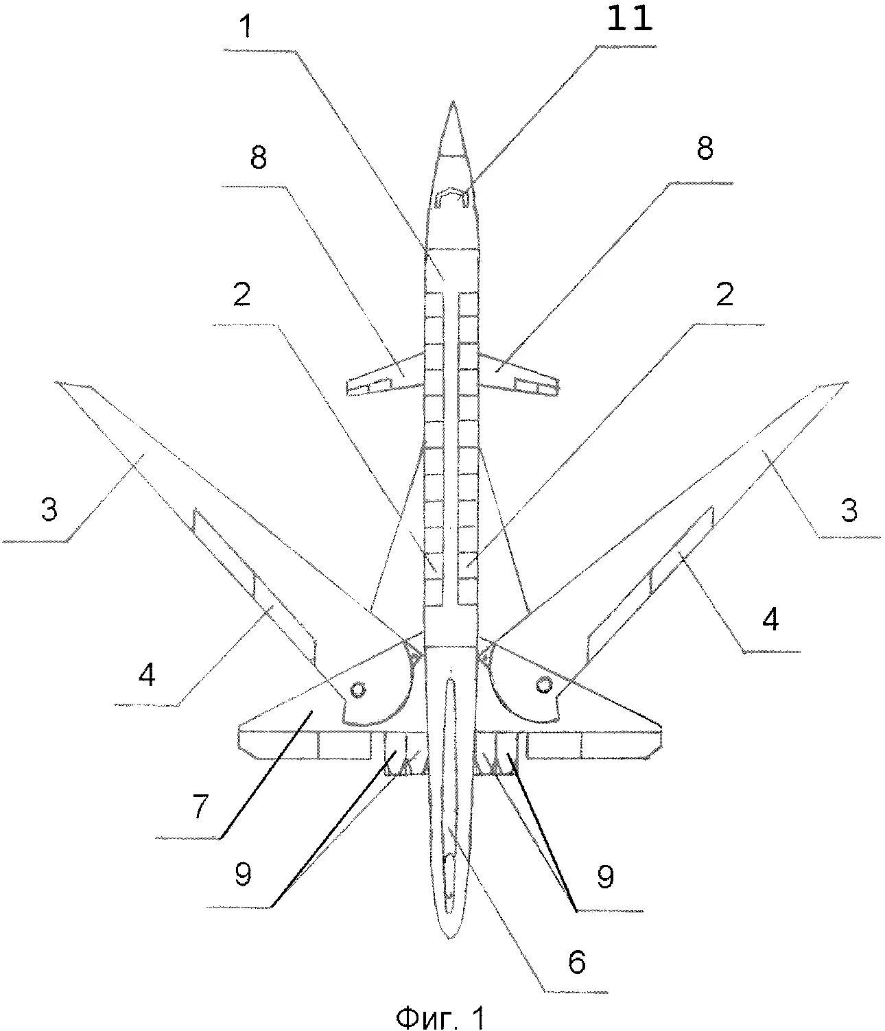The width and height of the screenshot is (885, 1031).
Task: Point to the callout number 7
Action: (199, 805)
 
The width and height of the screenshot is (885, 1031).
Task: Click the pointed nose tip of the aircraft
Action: (453, 104)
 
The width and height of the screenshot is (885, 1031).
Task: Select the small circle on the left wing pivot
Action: (357, 689)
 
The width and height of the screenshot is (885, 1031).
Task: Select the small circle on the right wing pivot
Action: (545, 684)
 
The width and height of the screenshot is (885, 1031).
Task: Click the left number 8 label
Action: (259, 158)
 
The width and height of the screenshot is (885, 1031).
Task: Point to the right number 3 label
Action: (849, 510)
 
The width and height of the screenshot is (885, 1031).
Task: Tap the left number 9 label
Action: (242, 875)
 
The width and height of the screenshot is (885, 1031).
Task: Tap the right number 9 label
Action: (605, 876)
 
